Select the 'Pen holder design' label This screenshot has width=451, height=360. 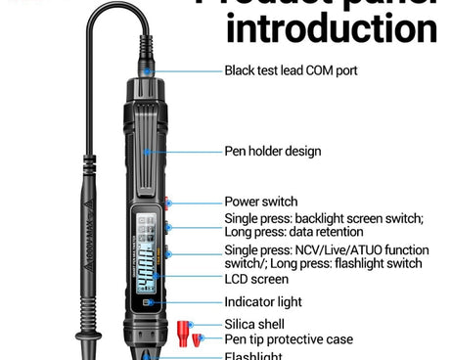pos(272,152)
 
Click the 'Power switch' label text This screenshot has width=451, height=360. pos(260,202)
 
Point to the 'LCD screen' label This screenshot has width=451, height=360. pos(255,279)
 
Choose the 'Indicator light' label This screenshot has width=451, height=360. pos(263,302)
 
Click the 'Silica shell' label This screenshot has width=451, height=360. pos(255,323)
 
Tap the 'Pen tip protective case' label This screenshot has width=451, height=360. pos(288,339)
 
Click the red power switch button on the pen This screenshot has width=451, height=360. pos(167,204)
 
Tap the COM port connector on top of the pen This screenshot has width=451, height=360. pos(146,69)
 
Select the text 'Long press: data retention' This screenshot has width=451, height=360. pos(293,233)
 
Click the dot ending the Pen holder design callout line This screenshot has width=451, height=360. pos(148,152)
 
